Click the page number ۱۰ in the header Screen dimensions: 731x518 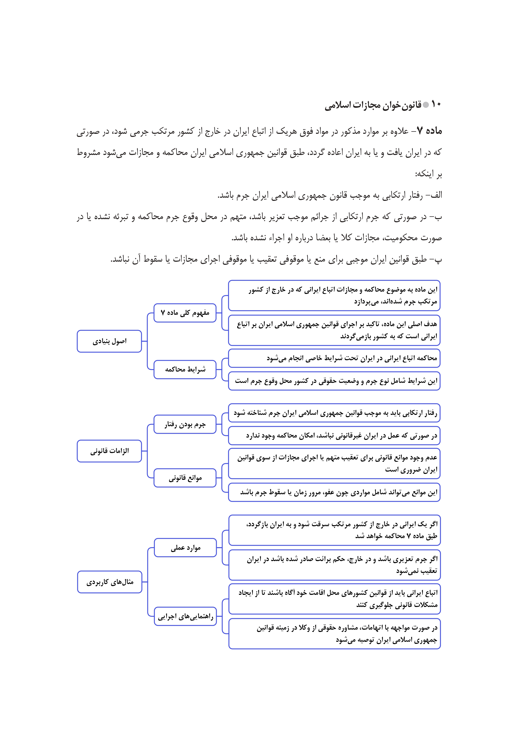(436, 104)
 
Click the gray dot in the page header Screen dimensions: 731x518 (426, 105)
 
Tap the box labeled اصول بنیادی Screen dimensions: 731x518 (109, 341)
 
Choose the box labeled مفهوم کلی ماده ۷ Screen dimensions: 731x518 (185, 313)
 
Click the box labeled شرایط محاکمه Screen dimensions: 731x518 (185, 369)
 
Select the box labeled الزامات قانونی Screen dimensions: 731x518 (109, 451)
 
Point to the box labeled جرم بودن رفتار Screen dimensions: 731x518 (185, 424)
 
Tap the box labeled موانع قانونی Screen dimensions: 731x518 (185, 478)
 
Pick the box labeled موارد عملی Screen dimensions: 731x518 (185, 548)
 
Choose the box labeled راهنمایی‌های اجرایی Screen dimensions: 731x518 (185, 617)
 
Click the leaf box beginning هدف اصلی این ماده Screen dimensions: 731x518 (334, 330)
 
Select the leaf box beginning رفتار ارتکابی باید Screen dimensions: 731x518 (334, 413)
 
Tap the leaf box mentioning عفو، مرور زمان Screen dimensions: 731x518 (334, 492)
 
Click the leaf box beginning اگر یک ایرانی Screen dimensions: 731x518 (335, 530)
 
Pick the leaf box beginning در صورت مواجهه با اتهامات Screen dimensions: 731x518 (335, 634)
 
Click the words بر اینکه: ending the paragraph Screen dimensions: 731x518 (428, 174)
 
